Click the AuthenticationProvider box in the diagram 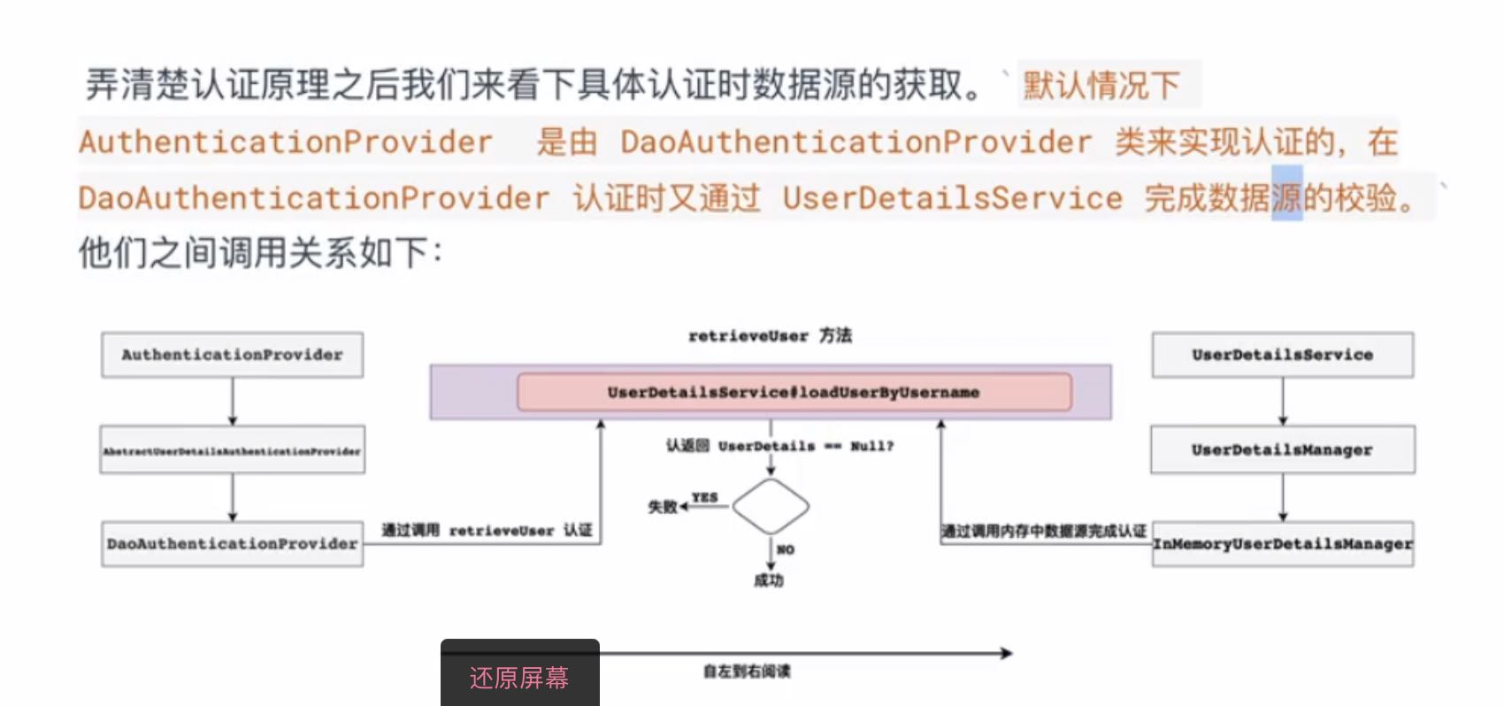click(232, 355)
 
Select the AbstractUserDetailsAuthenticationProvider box click(232, 450)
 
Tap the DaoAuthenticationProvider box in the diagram click(232, 543)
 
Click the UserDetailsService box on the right click(1282, 355)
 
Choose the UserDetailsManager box click(1282, 449)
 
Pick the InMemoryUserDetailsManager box click(1282, 543)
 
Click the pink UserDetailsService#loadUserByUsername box click(794, 392)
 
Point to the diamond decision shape click(771, 507)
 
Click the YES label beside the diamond click(704, 497)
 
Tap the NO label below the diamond click(785, 549)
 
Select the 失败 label click(662, 507)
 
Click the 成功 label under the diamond click(769, 580)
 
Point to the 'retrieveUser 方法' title click(770, 335)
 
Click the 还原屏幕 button click(519, 677)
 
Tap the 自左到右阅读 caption click(747, 671)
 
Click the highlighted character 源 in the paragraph click(1286, 197)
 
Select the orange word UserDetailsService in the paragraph click(952, 197)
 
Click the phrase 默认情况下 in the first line click(1101, 86)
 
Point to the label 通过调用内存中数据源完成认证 click(1043, 531)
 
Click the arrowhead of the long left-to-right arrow click(1006, 653)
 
